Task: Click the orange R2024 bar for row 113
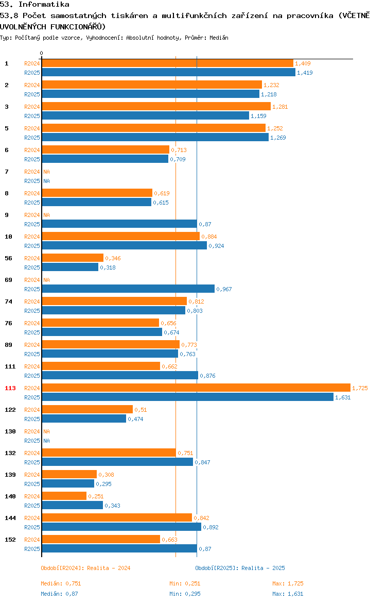[x=196, y=388]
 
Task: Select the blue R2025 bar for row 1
[x=169, y=72]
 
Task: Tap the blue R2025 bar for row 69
[x=128, y=289]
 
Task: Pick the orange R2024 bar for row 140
[x=64, y=496]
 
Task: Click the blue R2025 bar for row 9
[x=119, y=224]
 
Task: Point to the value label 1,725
[x=360, y=388]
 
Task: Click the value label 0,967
[x=224, y=289]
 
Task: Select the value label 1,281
[x=280, y=107]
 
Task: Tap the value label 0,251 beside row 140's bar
[x=96, y=496]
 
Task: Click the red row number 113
[x=10, y=388]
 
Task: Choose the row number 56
[x=8, y=258]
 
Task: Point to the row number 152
[x=10, y=540]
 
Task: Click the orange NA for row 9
[x=46, y=215]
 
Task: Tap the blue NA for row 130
[x=46, y=441]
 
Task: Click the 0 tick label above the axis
[x=42, y=53]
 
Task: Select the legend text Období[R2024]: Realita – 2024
[x=85, y=568]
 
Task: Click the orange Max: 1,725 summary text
[x=288, y=583]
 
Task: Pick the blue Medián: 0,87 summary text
[x=59, y=594]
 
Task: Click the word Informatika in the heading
[x=44, y=5]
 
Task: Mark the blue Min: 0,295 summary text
[x=185, y=594]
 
